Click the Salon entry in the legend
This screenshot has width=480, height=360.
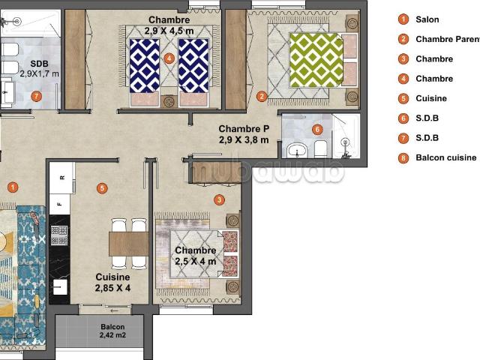427,19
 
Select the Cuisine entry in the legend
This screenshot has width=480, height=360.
430,98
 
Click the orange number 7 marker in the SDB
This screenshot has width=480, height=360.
36,96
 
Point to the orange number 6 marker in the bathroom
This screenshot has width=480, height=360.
317,130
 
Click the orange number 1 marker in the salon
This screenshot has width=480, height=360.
12,187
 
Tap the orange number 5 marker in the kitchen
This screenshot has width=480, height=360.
102,187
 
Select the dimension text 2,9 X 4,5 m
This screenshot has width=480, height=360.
169,31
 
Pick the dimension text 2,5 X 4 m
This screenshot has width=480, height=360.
195,261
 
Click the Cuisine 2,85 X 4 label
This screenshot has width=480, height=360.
112,282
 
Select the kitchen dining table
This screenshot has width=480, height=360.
129,243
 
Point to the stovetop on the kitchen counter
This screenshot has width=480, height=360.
58,235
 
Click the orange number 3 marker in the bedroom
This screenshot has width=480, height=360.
218,199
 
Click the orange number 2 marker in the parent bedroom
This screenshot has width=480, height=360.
262,96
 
